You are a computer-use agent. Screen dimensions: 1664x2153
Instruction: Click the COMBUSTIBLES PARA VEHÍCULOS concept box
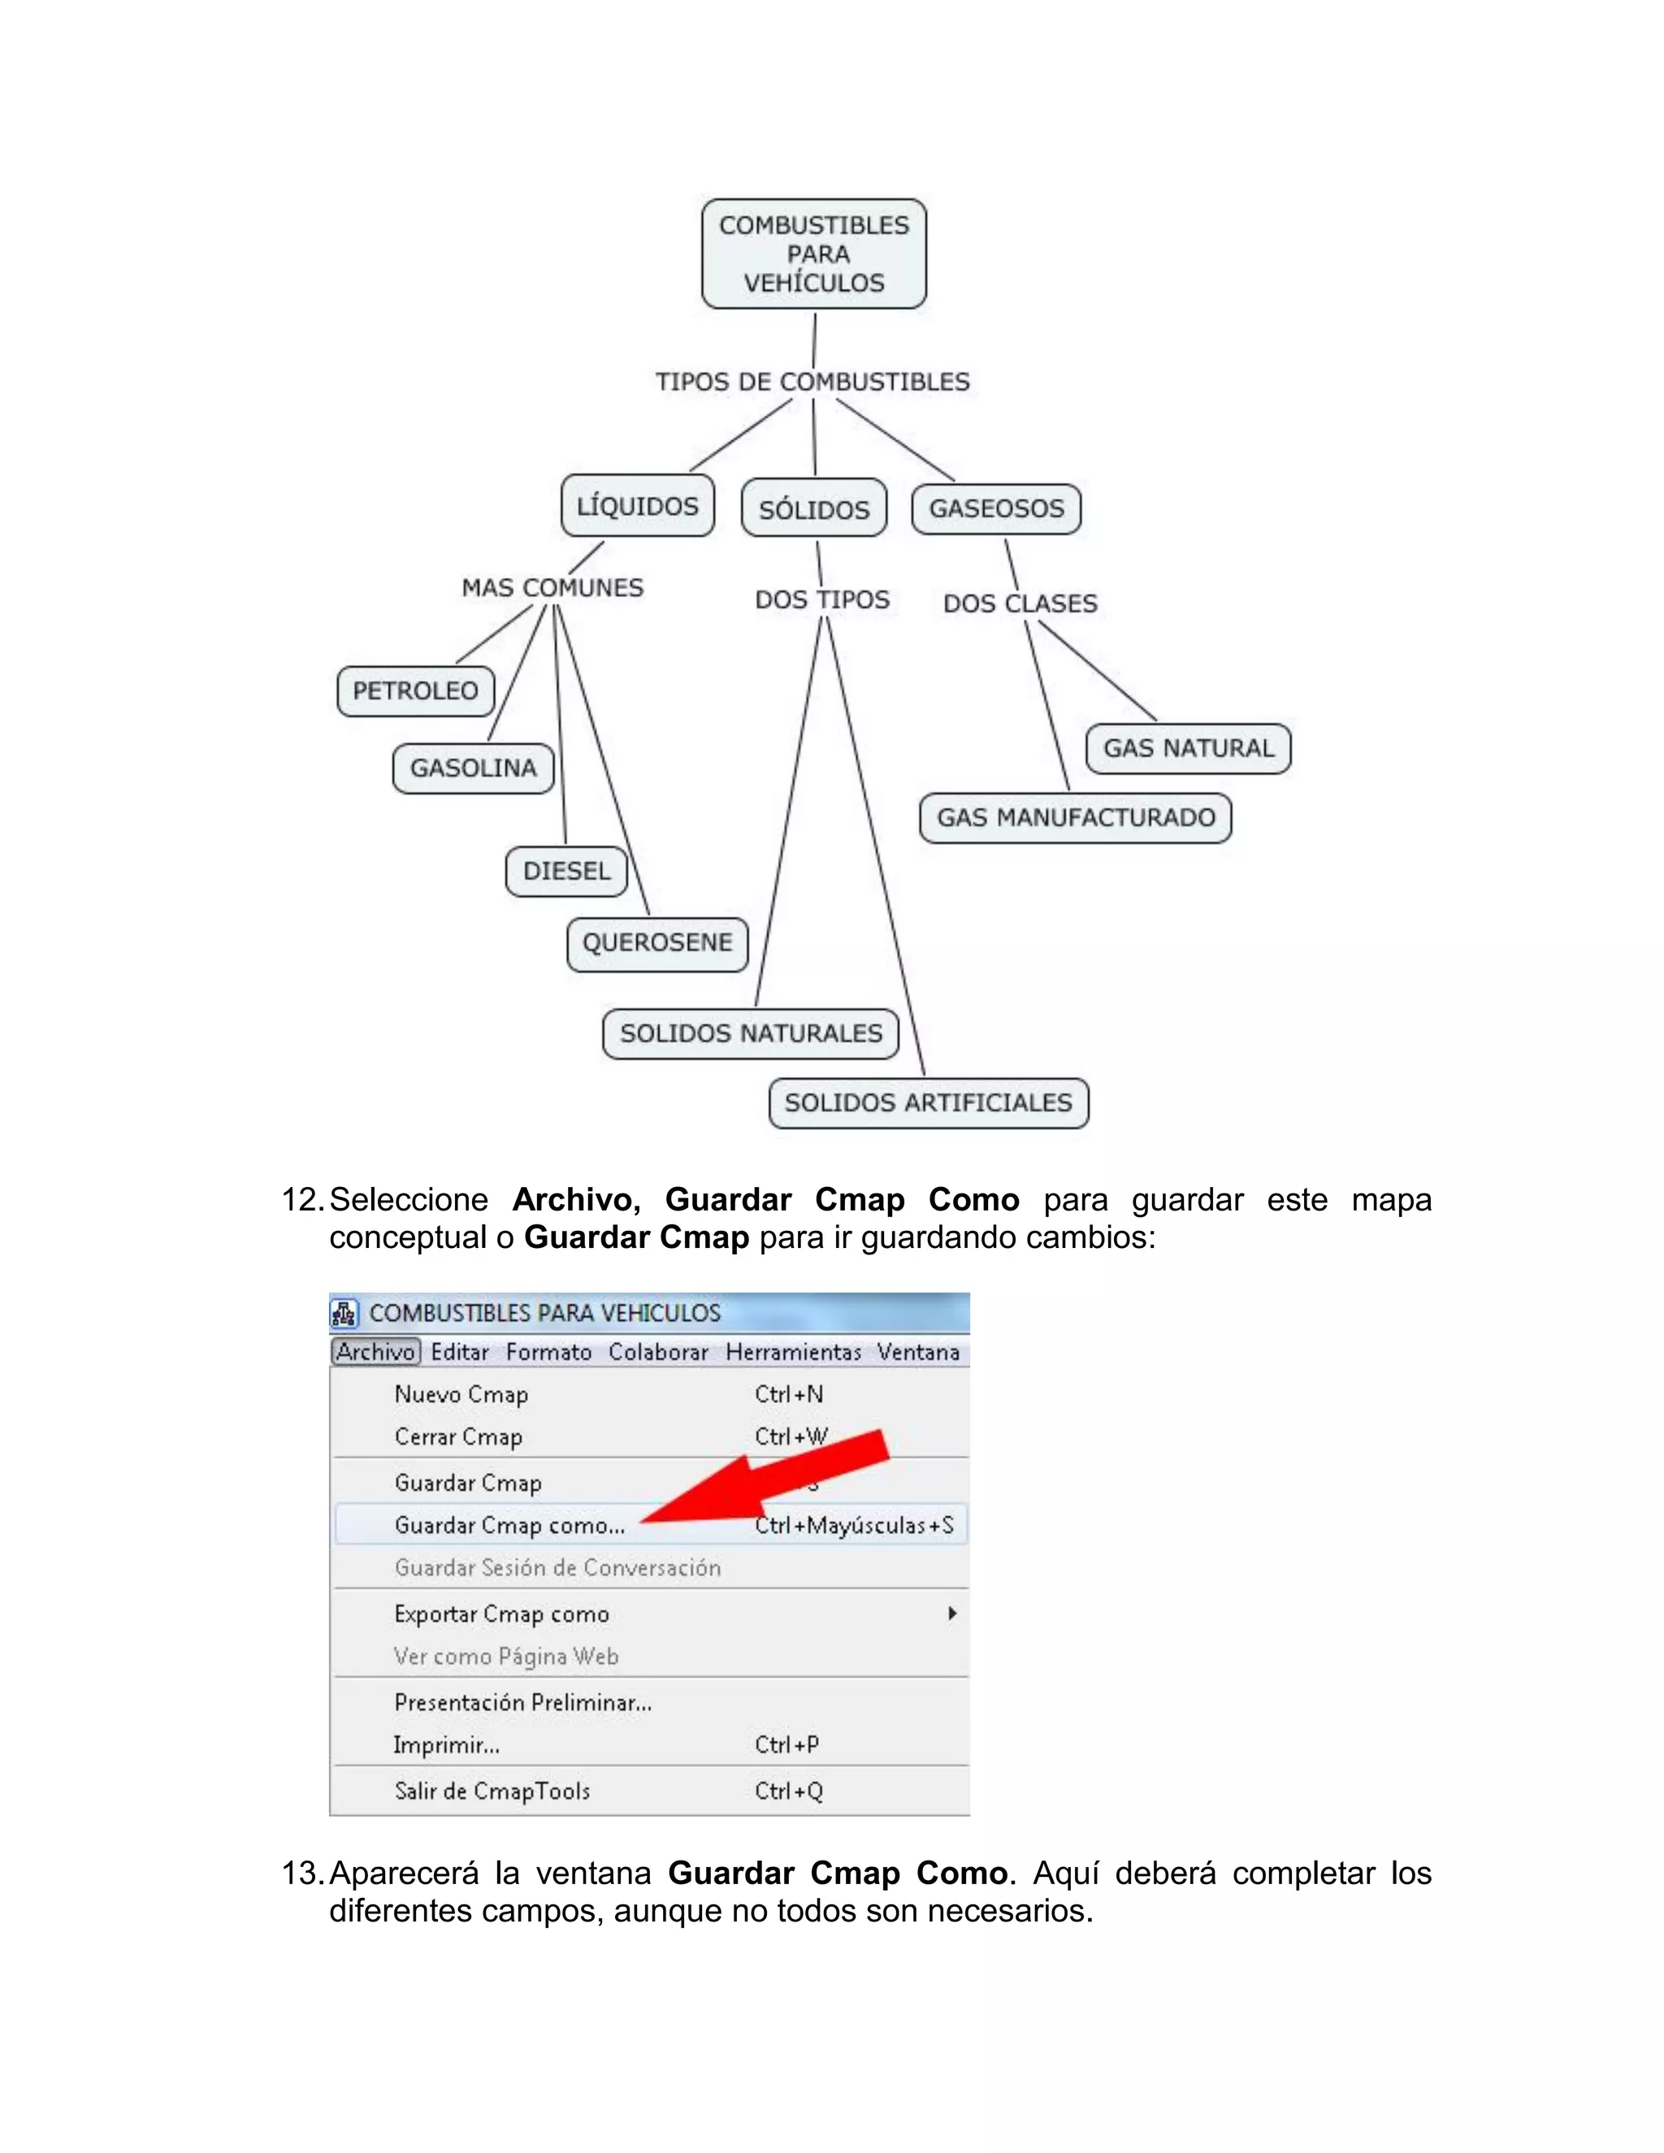point(813,254)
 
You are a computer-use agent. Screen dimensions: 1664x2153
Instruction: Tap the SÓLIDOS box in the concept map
point(813,509)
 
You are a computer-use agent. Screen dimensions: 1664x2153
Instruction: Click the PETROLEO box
point(415,691)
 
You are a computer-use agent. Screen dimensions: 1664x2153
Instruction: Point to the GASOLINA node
point(473,768)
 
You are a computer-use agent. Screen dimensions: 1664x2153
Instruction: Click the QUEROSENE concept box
point(656,943)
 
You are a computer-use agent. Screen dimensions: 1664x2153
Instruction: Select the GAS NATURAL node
point(1188,748)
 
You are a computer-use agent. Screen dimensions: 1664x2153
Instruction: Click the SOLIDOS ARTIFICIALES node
point(928,1102)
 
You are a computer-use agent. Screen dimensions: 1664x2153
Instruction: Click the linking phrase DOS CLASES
point(1020,604)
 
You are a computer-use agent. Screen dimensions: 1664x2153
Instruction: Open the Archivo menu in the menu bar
point(375,1352)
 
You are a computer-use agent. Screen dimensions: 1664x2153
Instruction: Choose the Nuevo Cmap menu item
point(461,1394)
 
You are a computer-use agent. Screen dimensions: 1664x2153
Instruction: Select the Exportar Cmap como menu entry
point(502,1614)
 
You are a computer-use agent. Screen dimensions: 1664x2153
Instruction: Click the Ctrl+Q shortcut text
point(789,1791)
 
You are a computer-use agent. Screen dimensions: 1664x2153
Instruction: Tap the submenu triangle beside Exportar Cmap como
point(951,1614)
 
